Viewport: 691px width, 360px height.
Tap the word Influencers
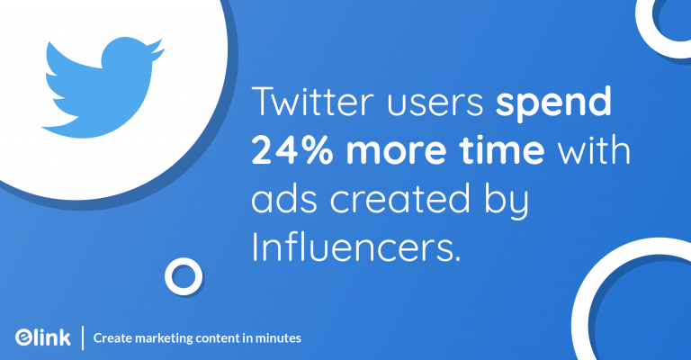[x=356, y=246]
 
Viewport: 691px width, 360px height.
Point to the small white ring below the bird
[x=184, y=276]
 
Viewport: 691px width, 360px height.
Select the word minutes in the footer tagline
[x=278, y=337]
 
